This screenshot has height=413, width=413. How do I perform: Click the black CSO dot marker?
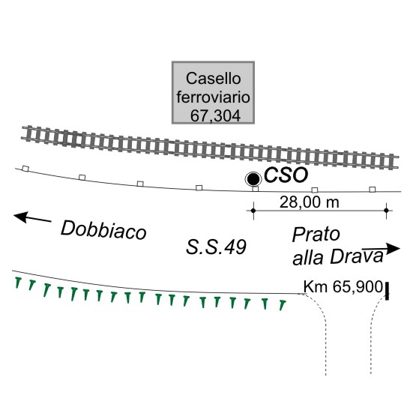pos(253,179)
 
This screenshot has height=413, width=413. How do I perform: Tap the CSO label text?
pos(286,175)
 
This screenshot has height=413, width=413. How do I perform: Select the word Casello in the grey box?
pos(214,79)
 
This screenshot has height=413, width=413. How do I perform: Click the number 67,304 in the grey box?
pos(215,115)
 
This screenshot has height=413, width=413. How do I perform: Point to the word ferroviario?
pos(213,97)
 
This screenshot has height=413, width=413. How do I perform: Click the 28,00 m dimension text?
pos(310,202)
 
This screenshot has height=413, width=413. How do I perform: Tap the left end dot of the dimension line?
pos(253,211)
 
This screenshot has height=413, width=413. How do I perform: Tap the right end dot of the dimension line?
pos(387,211)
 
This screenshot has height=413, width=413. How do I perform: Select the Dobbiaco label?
pos(103,230)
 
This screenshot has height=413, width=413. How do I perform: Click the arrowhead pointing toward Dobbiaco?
pos(21,217)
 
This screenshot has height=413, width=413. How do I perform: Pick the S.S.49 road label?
pos(216,247)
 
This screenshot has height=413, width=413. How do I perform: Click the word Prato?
pos(316,235)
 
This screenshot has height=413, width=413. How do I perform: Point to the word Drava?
pos(357,256)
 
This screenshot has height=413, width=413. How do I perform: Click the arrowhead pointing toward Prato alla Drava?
pos(393,248)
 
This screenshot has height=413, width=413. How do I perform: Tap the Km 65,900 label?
pos(343,286)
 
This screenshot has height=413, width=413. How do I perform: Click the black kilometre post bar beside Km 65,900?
pos(387,291)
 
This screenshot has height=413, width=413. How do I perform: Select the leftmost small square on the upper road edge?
pos(25,169)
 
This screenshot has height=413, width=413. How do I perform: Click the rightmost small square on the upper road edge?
pos(373,190)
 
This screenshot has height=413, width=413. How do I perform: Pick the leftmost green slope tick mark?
pos(18,283)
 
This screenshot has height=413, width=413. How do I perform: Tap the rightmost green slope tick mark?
pos(283,305)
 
